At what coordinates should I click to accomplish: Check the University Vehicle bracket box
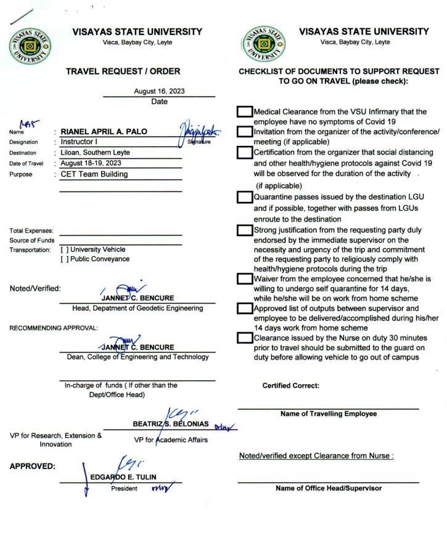[65, 249]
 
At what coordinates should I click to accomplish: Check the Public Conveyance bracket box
[65, 259]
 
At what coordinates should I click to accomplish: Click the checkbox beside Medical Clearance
[245, 112]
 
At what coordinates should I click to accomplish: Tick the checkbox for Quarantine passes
[245, 198]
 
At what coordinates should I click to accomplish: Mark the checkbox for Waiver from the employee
[245, 279]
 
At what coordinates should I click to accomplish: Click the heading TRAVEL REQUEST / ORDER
[127, 72]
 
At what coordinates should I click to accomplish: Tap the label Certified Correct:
[290, 386]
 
